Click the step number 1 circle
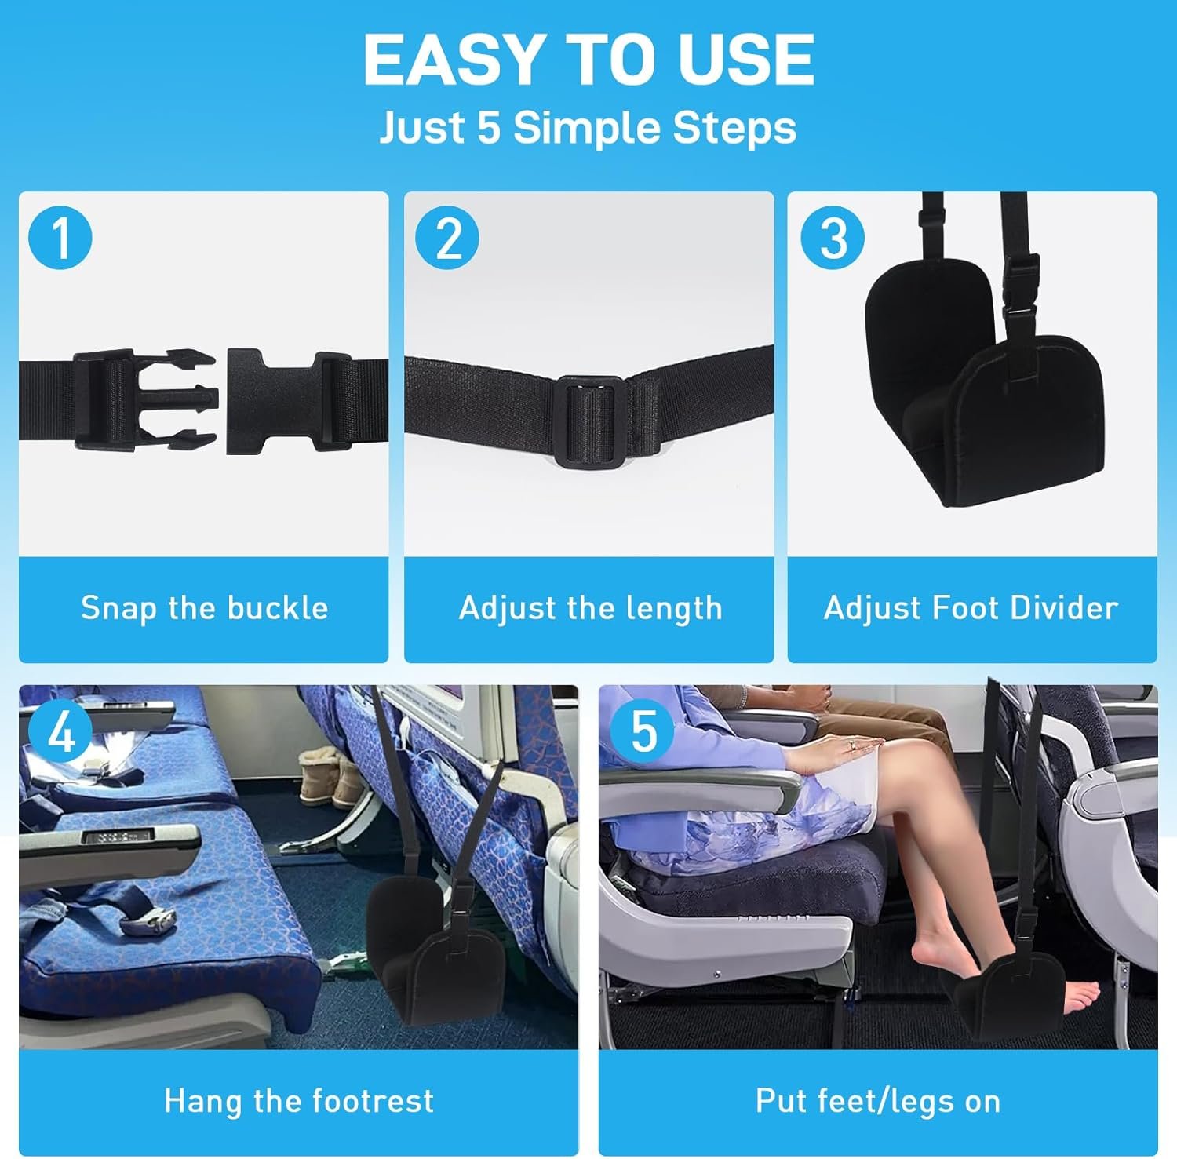point(60,238)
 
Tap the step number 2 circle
point(447,238)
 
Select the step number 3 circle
point(833,238)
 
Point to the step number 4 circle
point(61,733)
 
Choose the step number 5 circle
point(643,733)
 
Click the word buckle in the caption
point(278,607)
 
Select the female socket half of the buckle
point(290,400)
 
